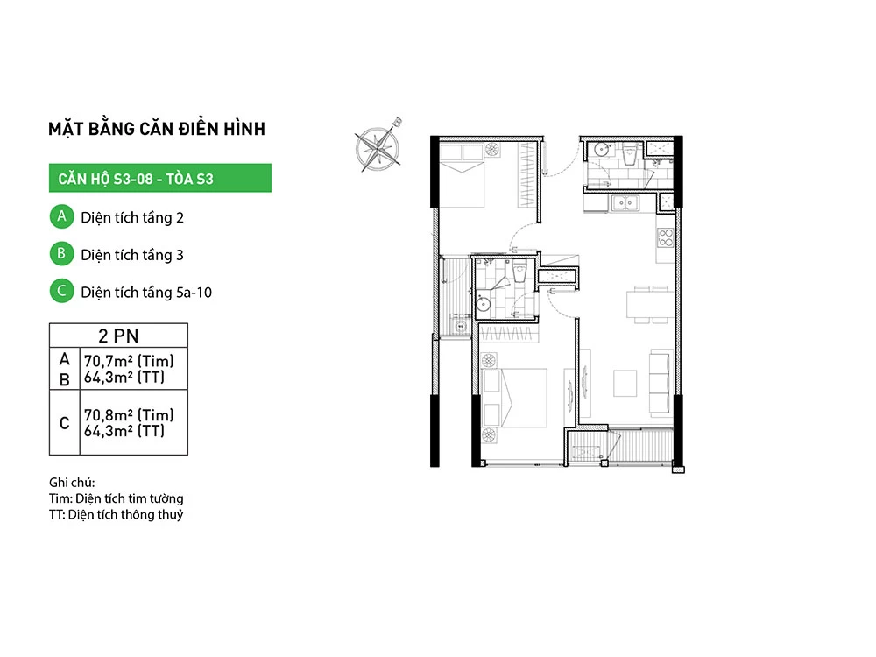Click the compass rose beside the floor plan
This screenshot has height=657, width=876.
[378, 147]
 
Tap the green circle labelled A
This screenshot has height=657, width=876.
[61, 216]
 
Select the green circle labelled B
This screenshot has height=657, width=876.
[61, 254]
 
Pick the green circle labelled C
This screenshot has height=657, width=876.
[61, 291]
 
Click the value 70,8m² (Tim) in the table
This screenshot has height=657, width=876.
[129, 415]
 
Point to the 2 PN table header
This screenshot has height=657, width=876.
[118, 336]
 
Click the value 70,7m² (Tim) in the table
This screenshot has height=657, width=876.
[129, 361]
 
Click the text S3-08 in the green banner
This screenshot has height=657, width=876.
[133, 179]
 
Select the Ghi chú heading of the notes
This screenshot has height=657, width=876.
[72, 482]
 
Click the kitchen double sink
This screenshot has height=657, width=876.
[625, 203]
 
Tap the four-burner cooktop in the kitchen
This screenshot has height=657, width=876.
[666, 237]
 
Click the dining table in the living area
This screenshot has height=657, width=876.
[650, 304]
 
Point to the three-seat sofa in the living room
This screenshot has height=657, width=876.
[661, 384]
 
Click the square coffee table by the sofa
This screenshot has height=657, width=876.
[625, 384]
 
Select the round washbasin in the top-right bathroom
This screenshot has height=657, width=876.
[601, 150]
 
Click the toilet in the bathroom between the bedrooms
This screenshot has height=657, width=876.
[519, 272]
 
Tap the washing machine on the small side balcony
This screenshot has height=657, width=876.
[461, 325]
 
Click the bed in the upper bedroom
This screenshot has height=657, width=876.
[462, 175]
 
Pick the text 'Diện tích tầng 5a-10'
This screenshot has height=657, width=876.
[146, 293]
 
